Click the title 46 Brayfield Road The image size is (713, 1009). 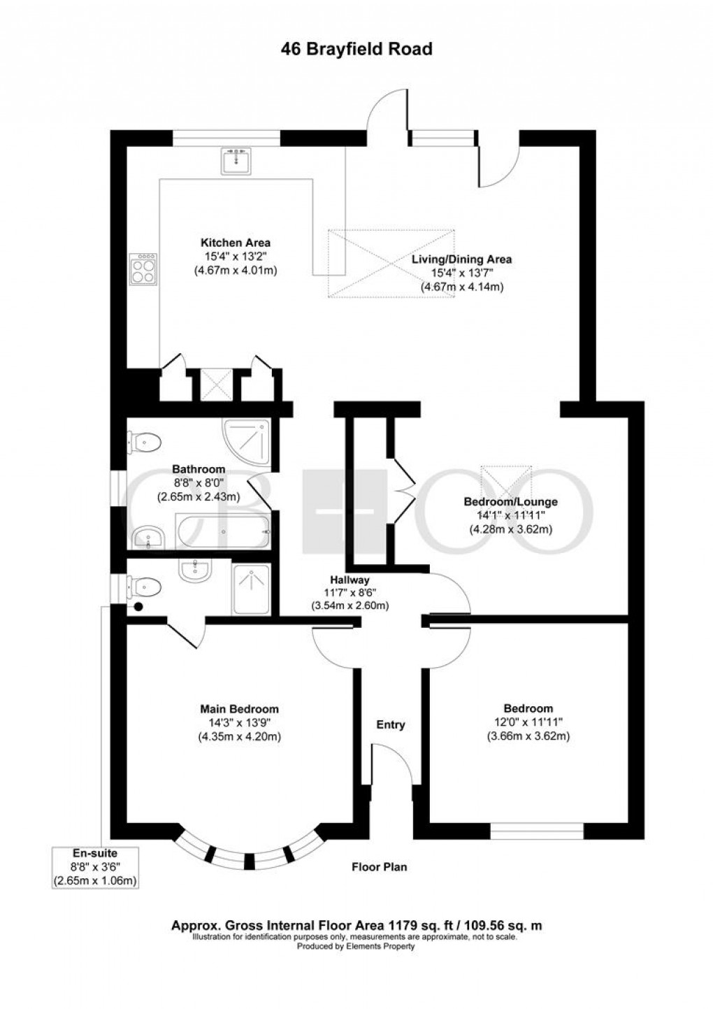click(x=356, y=49)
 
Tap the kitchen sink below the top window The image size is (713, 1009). click(x=236, y=161)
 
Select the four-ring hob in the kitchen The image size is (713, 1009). click(x=143, y=269)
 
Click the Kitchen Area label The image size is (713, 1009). click(x=235, y=243)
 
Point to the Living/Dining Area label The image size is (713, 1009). click(x=461, y=259)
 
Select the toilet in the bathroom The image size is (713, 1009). click(x=145, y=442)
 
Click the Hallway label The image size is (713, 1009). click(x=350, y=580)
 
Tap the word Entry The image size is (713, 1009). click(x=391, y=724)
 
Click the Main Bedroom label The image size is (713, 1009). click(x=239, y=709)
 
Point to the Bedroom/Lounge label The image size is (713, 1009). click(x=510, y=502)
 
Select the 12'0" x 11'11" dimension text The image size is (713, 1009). click(x=528, y=722)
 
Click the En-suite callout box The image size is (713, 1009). click(x=95, y=867)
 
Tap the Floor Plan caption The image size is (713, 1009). click(x=379, y=867)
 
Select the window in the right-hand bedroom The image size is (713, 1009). click(x=536, y=831)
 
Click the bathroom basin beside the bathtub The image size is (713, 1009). click(x=148, y=537)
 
